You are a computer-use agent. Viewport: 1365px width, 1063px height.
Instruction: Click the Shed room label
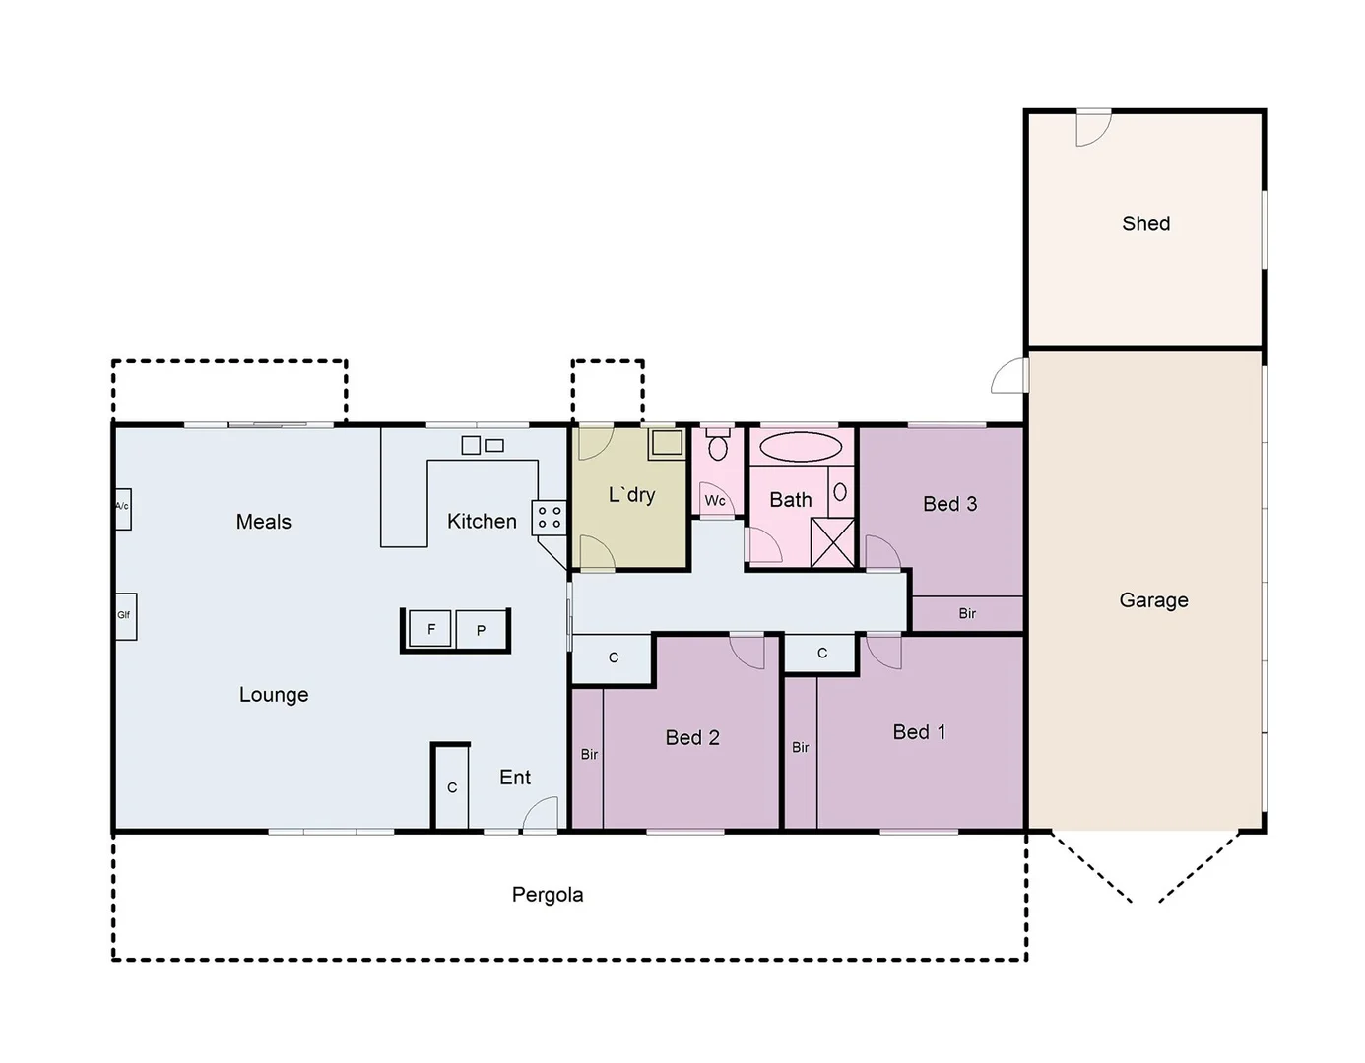click(x=1145, y=223)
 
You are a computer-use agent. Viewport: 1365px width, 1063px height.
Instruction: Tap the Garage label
click(x=1153, y=599)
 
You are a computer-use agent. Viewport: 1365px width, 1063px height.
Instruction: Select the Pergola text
click(x=547, y=894)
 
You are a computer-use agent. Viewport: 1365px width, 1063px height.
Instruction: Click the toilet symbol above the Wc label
click(x=717, y=447)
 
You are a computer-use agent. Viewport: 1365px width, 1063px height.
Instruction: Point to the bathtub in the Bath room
click(x=801, y=447)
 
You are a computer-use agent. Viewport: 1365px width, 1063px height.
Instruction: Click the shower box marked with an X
click(x=832, y=542)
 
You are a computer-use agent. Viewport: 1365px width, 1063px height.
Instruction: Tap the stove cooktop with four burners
click(x=550, y=517)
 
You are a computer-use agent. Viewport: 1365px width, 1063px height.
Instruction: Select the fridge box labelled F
click(x=430, y=629)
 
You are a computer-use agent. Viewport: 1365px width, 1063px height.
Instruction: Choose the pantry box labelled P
click(x=481, y=630)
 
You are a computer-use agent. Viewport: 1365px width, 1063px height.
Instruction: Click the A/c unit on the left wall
click(x=122, y=508)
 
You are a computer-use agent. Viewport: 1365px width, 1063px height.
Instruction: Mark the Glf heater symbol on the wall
click(x=125, y=616)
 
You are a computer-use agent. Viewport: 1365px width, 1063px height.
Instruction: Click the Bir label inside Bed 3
click(x=967, y=613)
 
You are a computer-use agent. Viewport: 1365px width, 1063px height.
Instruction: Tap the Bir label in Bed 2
click(x=588, y=754)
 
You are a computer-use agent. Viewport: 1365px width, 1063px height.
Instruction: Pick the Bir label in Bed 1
click(x=800, y=747)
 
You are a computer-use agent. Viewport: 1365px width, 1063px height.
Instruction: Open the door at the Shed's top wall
click(x=1092, y=127)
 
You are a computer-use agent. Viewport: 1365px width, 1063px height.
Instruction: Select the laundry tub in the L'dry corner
click(x=667, y=443)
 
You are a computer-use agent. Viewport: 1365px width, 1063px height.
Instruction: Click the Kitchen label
click(x=482, y=521)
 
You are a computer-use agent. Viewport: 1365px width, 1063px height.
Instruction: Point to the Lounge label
click(x=274, y=694)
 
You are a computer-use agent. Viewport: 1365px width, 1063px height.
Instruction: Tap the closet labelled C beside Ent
click(x=452, y=787)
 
